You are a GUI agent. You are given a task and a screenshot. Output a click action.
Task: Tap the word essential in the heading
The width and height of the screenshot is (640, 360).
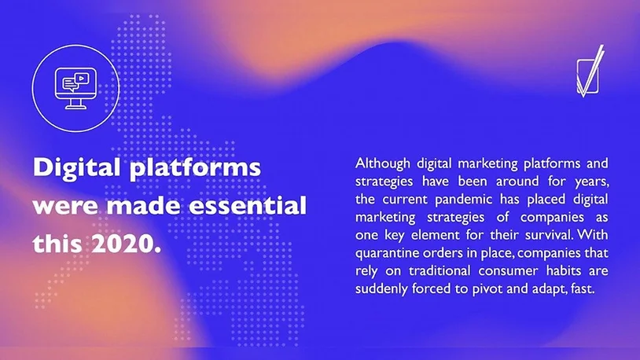click(248, 205)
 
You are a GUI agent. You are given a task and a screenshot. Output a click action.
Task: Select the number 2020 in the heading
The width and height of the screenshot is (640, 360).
click(126, 243)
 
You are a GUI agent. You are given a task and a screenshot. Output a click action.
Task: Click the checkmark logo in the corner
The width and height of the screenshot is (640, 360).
click(590, 72)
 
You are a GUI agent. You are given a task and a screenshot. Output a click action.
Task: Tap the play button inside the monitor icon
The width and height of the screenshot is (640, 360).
click(82, 78)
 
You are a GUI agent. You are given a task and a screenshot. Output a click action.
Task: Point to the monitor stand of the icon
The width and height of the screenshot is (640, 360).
click(76, 104)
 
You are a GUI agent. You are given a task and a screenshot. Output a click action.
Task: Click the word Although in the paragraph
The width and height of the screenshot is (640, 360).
click(382, 163)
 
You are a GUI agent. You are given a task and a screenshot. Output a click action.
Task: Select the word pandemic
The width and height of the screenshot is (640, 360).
click(463, 200)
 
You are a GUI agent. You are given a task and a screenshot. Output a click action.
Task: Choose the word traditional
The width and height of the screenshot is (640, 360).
click(440, 271)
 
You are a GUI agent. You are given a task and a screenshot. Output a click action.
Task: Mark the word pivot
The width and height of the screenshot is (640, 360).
click(487, 289)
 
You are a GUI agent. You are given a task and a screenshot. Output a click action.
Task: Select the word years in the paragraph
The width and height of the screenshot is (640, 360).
click(592, 182)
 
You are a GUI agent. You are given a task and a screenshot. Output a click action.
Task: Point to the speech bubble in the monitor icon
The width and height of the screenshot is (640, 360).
click(68, 83)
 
